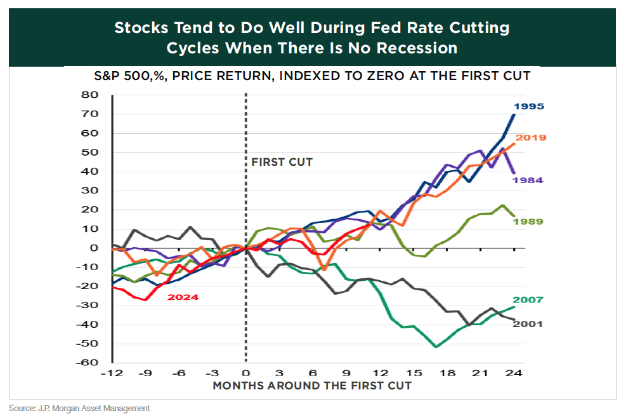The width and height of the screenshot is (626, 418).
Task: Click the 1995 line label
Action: [x=529, y=107]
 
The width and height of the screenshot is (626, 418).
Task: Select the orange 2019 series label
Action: [x=531, y=137]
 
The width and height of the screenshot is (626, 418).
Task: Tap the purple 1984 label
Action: [x=528, y=180]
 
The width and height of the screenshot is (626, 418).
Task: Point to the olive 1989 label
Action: [x=528, y=221]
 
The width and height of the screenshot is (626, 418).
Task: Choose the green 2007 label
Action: [x=528, y=300]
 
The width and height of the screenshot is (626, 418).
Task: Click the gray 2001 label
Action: [x=528, y=323]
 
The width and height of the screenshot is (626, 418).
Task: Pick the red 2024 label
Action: [x=183, y=297]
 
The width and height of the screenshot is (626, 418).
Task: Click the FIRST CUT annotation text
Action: [x=282, y=162]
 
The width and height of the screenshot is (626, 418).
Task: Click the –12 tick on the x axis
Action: [x=111, y=374]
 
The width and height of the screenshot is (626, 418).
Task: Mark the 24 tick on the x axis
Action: [x=514, y=374]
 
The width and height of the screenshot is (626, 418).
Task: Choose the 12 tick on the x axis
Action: [x=380, y=374]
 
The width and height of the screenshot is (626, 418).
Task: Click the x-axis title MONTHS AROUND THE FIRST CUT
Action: [x=312, y=386]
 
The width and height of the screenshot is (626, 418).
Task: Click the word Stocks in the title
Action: [x=142, y=28]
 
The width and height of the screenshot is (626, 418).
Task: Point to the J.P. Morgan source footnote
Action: [x=79, y=408]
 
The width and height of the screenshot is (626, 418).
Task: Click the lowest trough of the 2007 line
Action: [x=436, y=347]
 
